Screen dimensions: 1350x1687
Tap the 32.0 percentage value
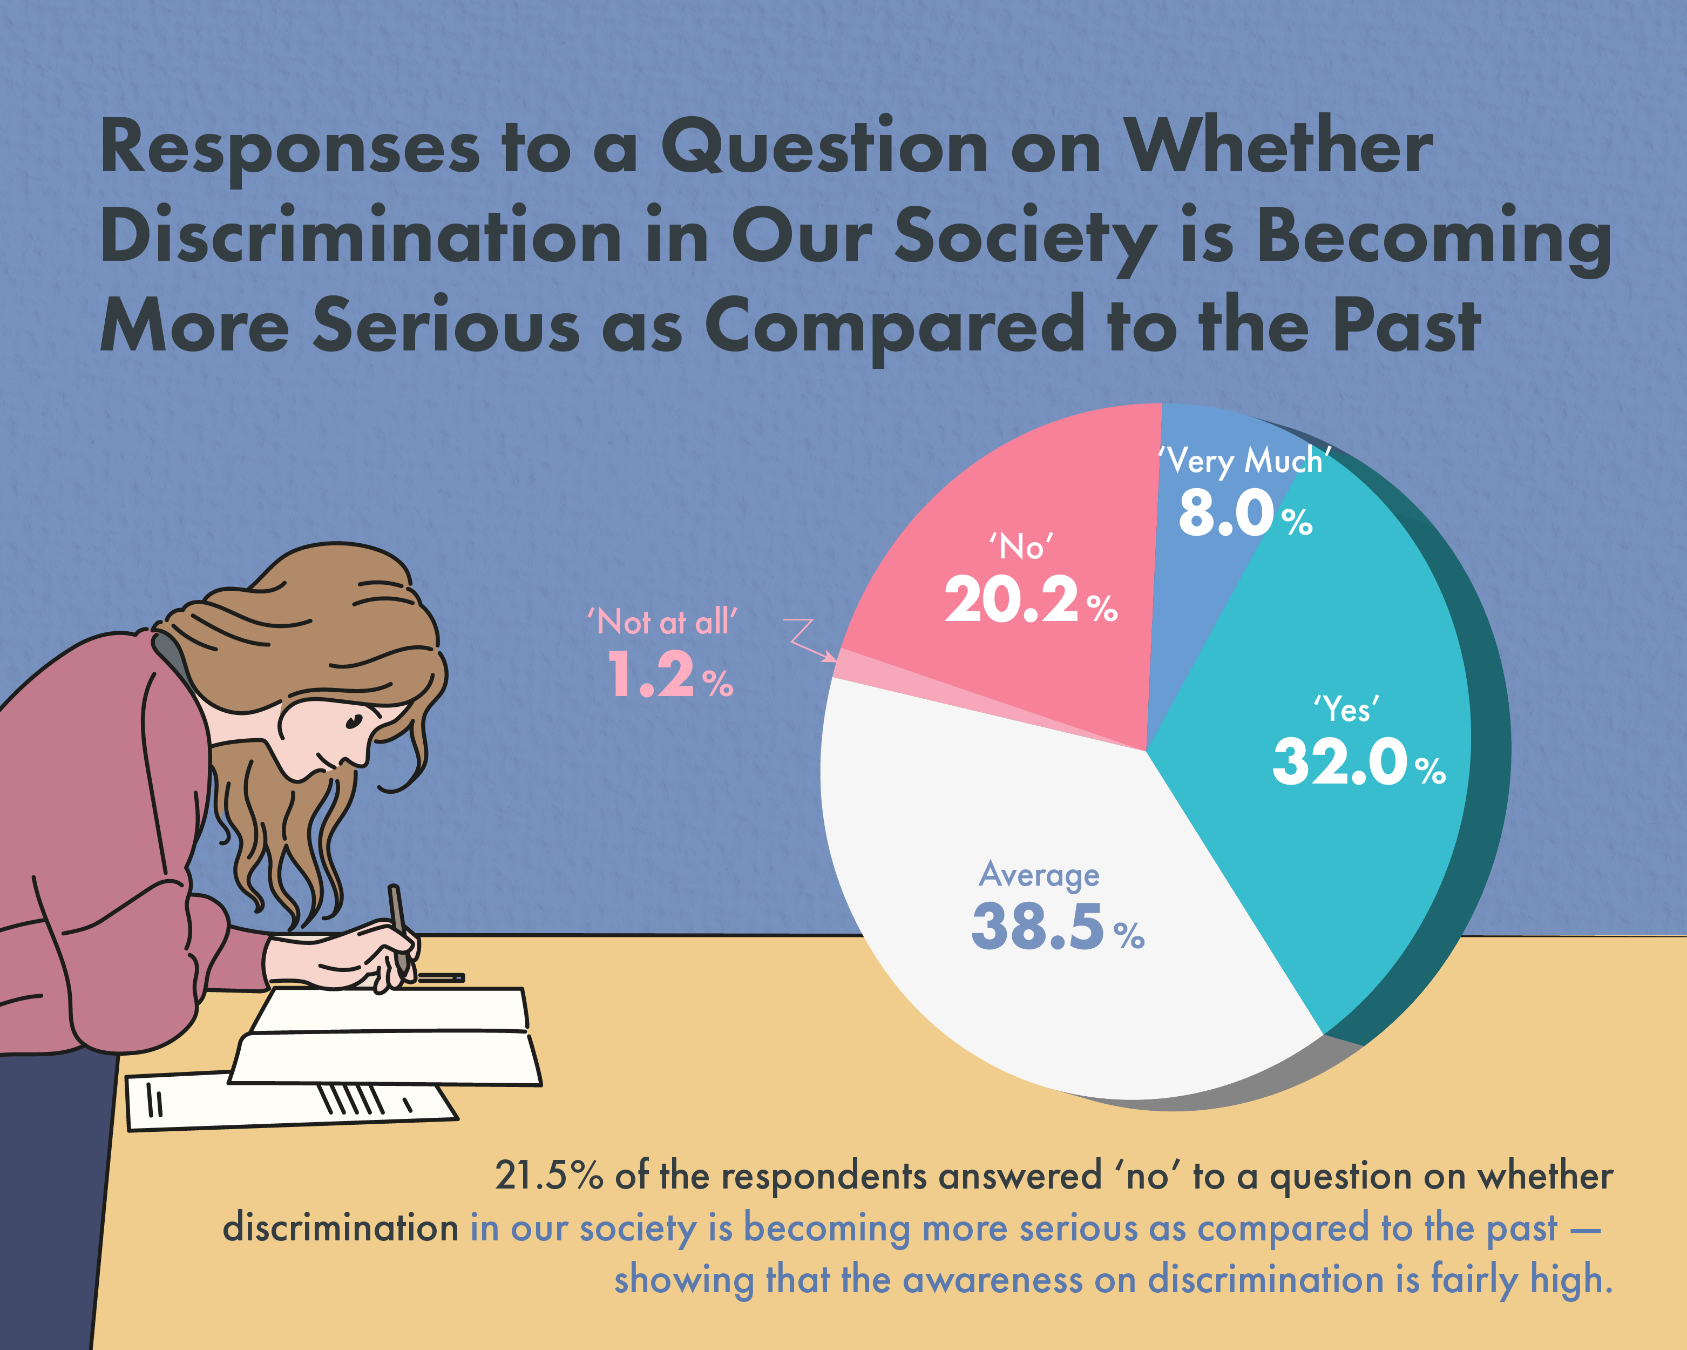(1340, 762)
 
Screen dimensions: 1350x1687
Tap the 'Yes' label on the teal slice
(1346, 710)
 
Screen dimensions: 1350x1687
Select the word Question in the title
(825, 148)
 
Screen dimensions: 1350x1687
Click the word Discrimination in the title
(361, 237)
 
